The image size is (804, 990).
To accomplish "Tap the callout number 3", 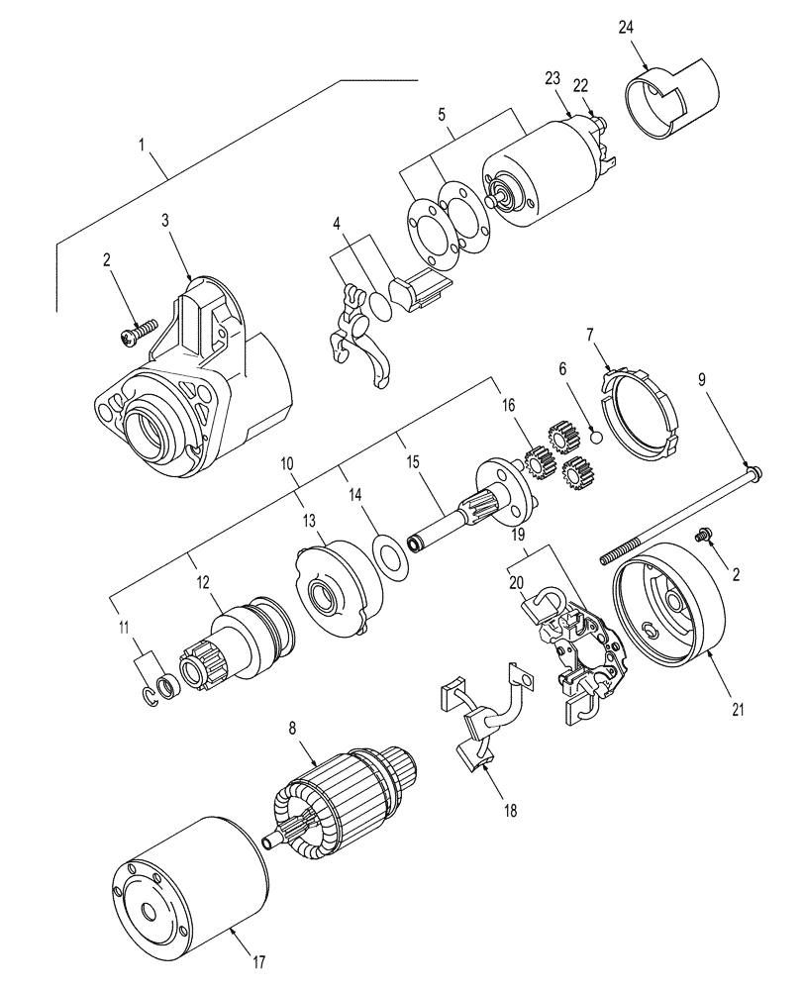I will (x=165, y=220).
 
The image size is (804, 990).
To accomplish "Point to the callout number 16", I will (x=508, y=406).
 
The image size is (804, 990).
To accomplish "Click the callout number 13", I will (x=309, y=520).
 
